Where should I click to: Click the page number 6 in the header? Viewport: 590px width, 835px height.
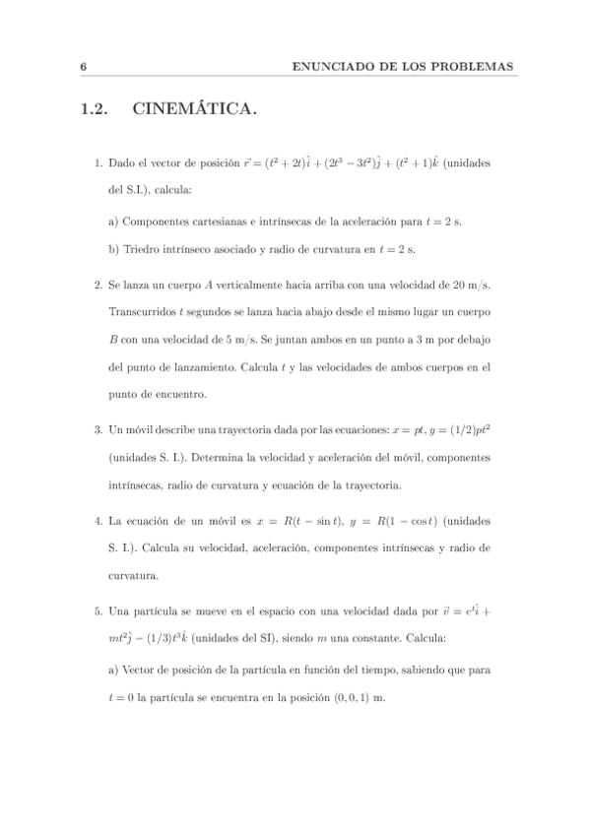click(x=85, y=66)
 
